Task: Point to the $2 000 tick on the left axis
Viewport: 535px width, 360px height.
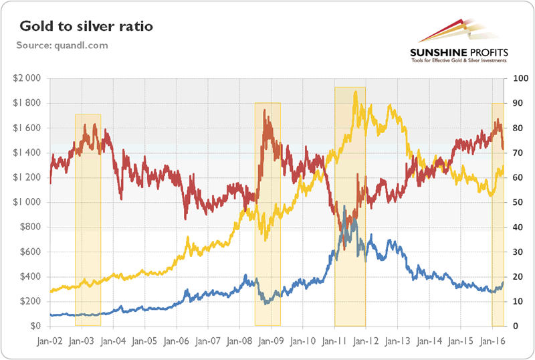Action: pyautogui.click(x=27, y=78)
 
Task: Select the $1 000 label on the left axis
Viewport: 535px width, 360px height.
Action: pyautogui.click(x=27, y=202)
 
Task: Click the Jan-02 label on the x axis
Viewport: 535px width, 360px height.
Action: pyautogui.click(x=50, y=341)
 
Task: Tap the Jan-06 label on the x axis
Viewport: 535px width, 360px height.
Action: pyautogui.click(x=177, y=341)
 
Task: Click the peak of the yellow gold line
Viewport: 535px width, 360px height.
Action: pyautogui.click(x=355, y=92)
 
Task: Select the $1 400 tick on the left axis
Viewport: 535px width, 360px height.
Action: pyautogui.click(x=27, y=153)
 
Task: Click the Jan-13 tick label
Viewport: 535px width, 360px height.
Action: pyautogui.click(x=397, y=341)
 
